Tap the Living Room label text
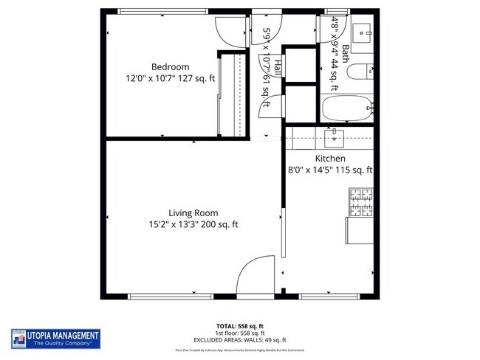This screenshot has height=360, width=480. (x=193, y=213)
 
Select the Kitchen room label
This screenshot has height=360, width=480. (x=330, y=159)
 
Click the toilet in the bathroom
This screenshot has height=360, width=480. (x=361, y=72)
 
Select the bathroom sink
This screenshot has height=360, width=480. (x=362, y=32)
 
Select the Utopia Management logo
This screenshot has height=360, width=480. (x=55, y=339)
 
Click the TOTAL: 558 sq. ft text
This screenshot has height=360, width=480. (x=240, y=325)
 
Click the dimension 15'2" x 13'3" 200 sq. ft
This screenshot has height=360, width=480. (x=193, y=225)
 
